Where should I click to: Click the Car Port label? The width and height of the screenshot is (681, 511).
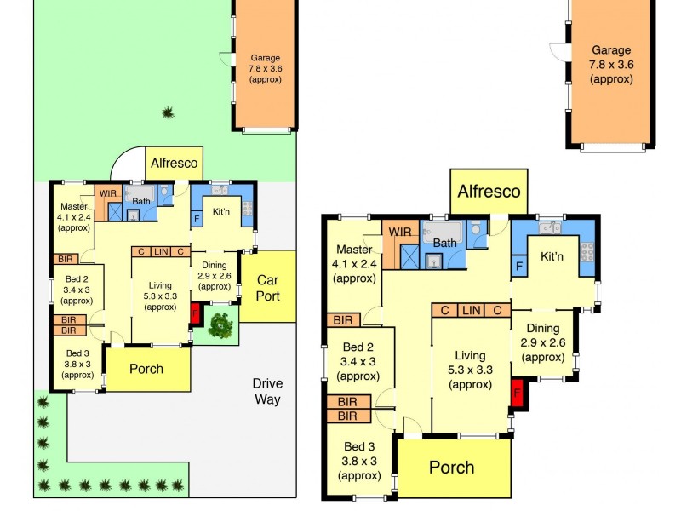267,288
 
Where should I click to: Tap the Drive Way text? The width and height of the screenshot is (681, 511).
267,391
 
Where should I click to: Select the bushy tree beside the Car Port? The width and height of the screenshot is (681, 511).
220,325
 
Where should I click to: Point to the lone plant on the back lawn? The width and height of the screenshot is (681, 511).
168,113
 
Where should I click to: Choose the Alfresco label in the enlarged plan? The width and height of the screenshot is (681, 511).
489,191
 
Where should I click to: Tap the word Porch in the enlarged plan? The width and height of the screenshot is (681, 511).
452,468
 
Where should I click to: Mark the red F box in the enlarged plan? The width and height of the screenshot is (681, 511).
518,393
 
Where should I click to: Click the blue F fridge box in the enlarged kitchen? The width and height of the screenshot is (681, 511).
519,266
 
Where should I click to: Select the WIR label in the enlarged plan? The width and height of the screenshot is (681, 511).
399,232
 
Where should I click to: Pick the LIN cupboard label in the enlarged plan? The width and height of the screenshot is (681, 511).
472,310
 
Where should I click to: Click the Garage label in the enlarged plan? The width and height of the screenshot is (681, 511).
611,50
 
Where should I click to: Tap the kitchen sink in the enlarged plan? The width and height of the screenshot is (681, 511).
550,227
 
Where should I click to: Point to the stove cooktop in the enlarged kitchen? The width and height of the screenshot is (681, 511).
587,252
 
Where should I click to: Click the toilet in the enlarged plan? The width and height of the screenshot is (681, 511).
476,227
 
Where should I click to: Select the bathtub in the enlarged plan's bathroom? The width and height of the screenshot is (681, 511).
443,232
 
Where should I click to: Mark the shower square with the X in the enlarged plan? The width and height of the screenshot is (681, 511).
409,257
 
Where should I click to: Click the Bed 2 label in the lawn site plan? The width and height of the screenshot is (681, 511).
77,279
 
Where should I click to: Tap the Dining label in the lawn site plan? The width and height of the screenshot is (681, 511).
215,265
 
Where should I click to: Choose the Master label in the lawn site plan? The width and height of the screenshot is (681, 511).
74,206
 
